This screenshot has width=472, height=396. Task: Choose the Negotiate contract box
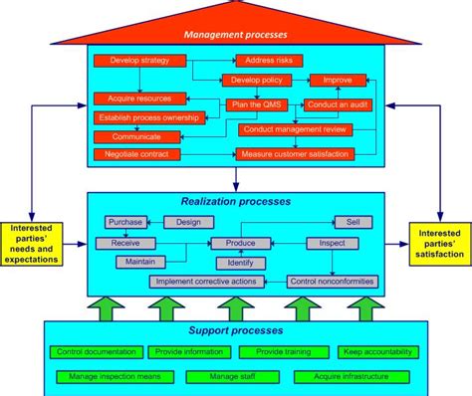138,154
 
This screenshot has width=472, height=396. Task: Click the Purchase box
125,222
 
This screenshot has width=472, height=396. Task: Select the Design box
188,222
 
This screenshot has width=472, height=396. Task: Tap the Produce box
240,243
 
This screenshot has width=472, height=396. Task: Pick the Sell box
353,222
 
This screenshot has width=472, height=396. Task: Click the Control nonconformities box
333,282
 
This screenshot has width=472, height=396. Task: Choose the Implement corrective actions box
206,282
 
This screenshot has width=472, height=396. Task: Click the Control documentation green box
96,351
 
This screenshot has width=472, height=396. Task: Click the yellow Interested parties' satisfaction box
438,242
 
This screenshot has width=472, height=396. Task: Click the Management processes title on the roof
235,35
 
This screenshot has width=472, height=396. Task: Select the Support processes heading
235,329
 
